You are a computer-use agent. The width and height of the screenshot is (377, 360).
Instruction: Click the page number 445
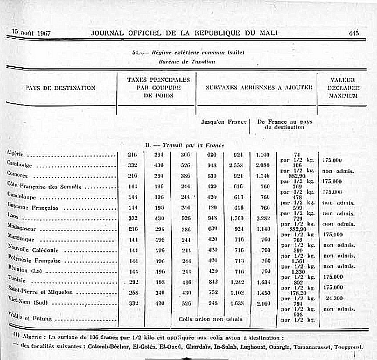tap(353, 33)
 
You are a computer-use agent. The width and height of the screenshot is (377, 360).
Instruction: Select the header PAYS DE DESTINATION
tap(60, 88)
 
